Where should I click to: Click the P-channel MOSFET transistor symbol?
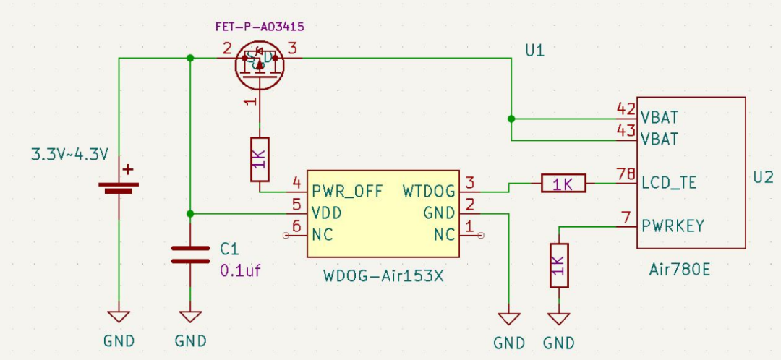pos(259,64)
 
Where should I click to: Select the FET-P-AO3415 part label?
pos(260,27)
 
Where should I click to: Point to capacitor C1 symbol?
pos(190,254)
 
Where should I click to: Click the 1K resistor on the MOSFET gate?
pos(260,159)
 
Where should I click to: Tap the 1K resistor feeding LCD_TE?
pos(563,184)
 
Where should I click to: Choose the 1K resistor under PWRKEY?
pos(559,265)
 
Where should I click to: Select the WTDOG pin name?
pos(429,192)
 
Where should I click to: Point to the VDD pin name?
pos(327,213)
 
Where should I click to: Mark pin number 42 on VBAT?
pos(626,109)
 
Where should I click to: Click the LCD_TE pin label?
pos(669,183)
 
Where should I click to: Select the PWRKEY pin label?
pos(673,226)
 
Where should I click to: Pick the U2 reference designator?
pos(763,177)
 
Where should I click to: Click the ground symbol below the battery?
pos(119,317)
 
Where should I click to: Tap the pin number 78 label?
pos(626,173)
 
